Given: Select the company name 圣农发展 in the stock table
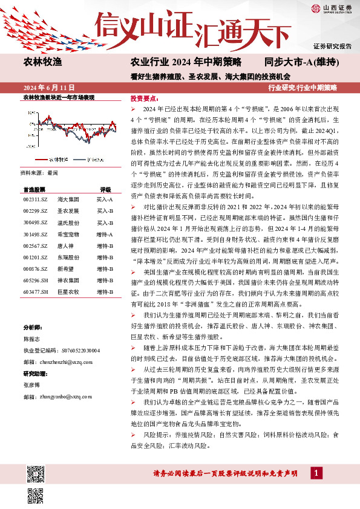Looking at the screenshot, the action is click(68, 211).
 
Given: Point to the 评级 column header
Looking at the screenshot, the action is click(105, 189).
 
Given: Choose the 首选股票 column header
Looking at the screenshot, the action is click(34, 189).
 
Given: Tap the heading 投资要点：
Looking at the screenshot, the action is click(145, 98).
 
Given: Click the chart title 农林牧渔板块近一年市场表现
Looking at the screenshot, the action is click(58, 97).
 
